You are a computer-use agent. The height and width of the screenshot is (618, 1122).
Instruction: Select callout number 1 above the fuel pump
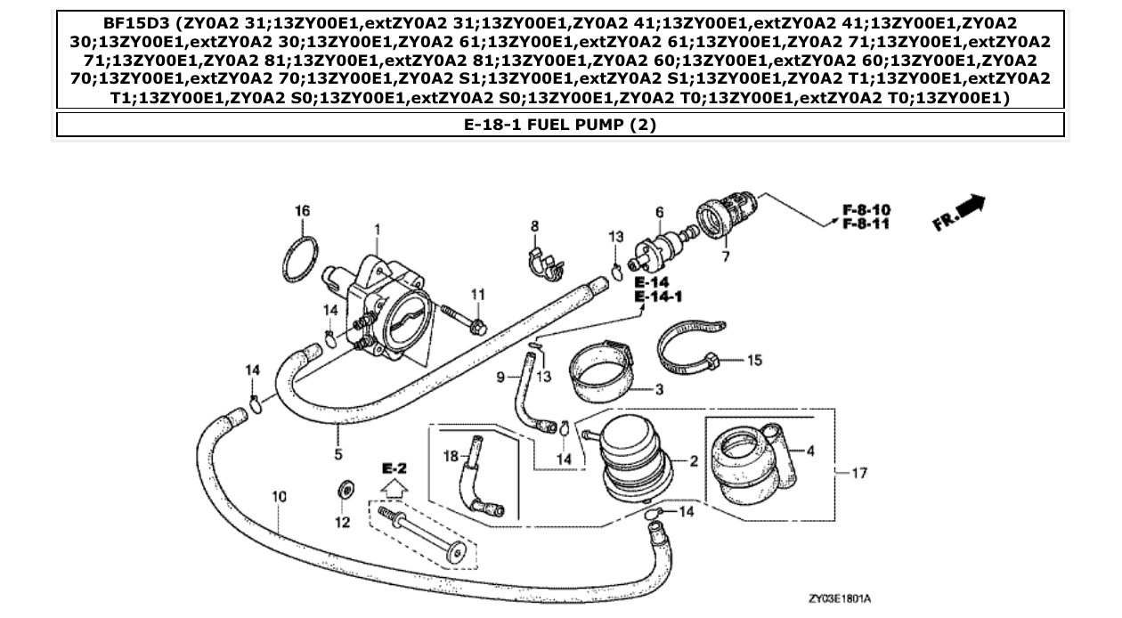point(377,230)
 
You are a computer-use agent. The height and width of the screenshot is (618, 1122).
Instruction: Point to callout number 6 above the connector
point(660,212)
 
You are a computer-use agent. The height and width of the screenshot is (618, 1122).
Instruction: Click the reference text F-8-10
point(866,210)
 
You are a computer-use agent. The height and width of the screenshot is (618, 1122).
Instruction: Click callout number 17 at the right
point(859,473)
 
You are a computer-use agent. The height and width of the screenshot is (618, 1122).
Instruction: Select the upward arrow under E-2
point(394,488)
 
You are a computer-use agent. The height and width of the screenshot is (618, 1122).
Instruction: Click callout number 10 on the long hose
point(279,496)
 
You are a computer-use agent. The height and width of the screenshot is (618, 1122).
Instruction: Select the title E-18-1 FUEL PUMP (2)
point(560,125)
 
